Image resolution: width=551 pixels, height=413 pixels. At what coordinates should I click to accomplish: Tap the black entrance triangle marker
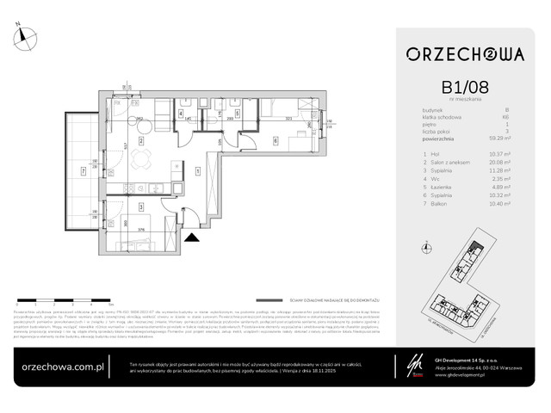tap(191, 229)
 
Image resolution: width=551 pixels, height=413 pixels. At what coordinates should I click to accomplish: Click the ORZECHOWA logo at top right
tap(466, 54)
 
